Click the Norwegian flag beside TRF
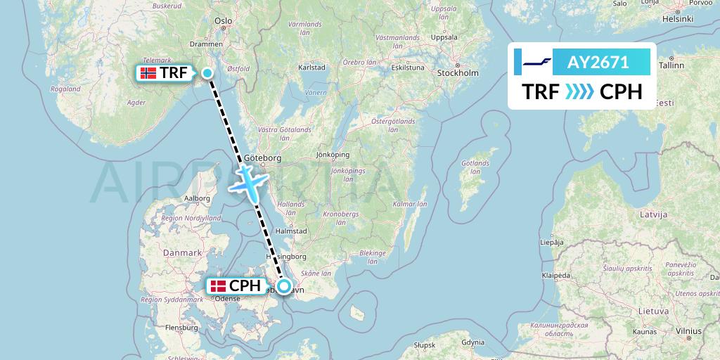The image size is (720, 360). pyautogui.click(x=148, y=73)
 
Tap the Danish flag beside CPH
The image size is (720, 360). pyautogui.click(x=219, y=286)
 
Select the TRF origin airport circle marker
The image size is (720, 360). pyautogui.click(x=207, y=72)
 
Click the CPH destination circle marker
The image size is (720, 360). pyautogui.click(x=283, y=286)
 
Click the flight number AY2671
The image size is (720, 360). pyautogui.click(x=598, y=62)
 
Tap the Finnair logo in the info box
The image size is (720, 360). pyautogui.click(x=532, y=62)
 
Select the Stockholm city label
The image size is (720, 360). pyautogui.click(x=457, y=73)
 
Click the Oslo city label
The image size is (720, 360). pyautogui.click(x=224, y=21)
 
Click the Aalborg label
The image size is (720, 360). pyautogui.click(x=197, y=198)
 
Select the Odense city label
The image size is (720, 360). pyautogui.click(x=228, y=298)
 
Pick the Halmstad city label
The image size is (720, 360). pyautogui.click(x=291, y=230)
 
